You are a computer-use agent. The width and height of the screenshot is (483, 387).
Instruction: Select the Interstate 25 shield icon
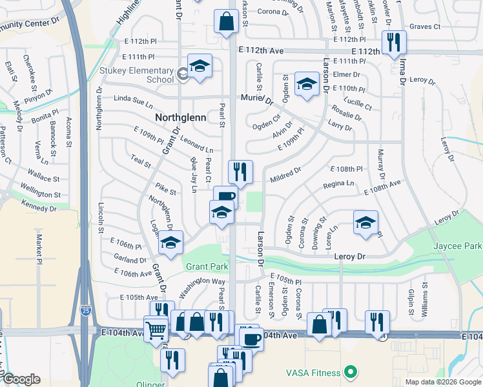pyautogui.click(x=86, y=311)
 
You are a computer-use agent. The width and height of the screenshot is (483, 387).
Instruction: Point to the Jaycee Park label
pyautogui.click(x=458, y=246)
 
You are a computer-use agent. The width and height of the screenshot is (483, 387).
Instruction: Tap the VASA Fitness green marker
pyautogui.click(x=351, y=372)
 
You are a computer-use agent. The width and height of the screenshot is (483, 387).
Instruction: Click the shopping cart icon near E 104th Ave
pyautogui.click(x=156, y=330)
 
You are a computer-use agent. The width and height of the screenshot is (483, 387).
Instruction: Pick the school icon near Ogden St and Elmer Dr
pyautogui.click(x=307, y=83)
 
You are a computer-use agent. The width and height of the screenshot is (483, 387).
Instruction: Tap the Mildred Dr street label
pyautogui.click(x=286, y=174)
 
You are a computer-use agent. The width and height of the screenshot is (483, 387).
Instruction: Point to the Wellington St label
pyautogui.click(x=39, y=192)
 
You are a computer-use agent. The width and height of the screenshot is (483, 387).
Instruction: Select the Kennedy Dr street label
pyautogui.click(x=39, y=207)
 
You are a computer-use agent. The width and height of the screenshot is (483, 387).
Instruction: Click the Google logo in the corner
pyautogui.click(x=22, y=380)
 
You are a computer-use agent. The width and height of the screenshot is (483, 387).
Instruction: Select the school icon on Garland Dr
pyautogui.click(x=170, y=243)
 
